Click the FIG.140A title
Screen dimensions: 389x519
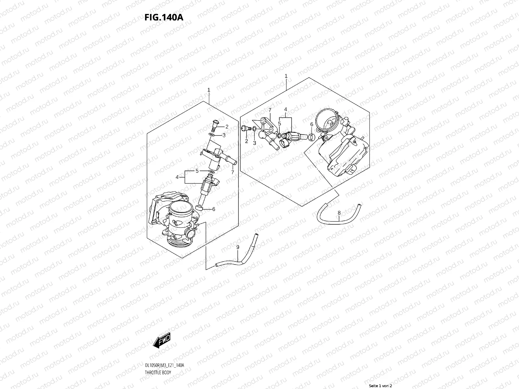[164, 17]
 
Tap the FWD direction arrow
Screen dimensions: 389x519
[163, 341]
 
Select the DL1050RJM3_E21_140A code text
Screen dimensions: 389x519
[165, 365]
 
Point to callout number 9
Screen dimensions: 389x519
[237, 247]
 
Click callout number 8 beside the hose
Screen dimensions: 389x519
[339, 213]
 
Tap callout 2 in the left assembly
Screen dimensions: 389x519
[227, 127]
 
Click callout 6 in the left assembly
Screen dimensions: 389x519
[214, 209]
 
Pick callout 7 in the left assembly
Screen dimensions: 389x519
[233, 172]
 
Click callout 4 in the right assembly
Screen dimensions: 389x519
[286, 110]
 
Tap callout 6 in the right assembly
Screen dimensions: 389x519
[311, 124]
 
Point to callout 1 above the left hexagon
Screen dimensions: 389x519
[209, 89]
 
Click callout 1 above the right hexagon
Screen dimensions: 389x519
[286, 76]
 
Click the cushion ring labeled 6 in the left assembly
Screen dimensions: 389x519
[200, 207]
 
